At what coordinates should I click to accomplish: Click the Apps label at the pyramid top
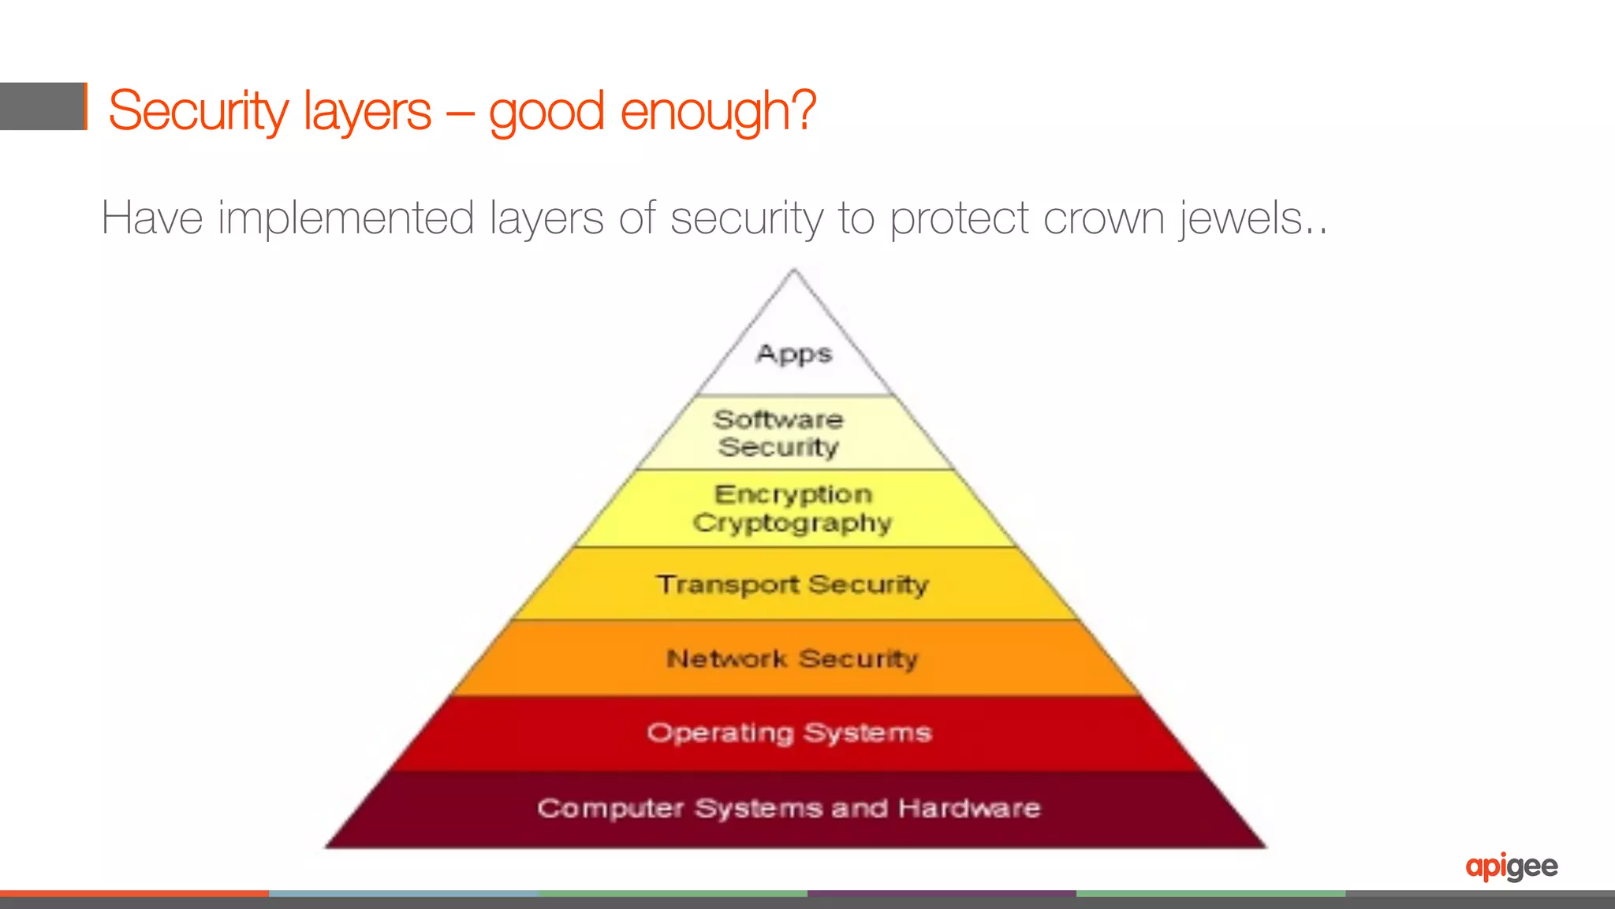[794, 354]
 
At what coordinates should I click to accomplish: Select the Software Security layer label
[778, 433]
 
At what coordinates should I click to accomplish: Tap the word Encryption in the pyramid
[793, 494]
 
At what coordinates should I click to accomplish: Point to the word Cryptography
[793, 523]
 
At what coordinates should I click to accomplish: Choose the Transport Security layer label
[793, 584]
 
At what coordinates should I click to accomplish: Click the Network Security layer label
[793, 658]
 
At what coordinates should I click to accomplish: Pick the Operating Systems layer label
[789, 732]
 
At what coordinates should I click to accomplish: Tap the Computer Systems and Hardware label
[789, 808]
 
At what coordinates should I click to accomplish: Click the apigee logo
[1512, 866]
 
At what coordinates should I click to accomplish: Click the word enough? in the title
[718, 111]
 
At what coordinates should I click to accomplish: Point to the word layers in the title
[367, 111]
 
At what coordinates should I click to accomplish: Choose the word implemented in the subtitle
[345, 218]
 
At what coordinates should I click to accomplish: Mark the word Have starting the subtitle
[152, 218]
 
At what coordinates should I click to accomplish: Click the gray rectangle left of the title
[43, 106]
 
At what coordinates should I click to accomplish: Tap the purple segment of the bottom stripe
[942, 894]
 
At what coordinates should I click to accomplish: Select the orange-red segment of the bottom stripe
[134, 894]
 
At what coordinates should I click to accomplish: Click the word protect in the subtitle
[959, 218]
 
